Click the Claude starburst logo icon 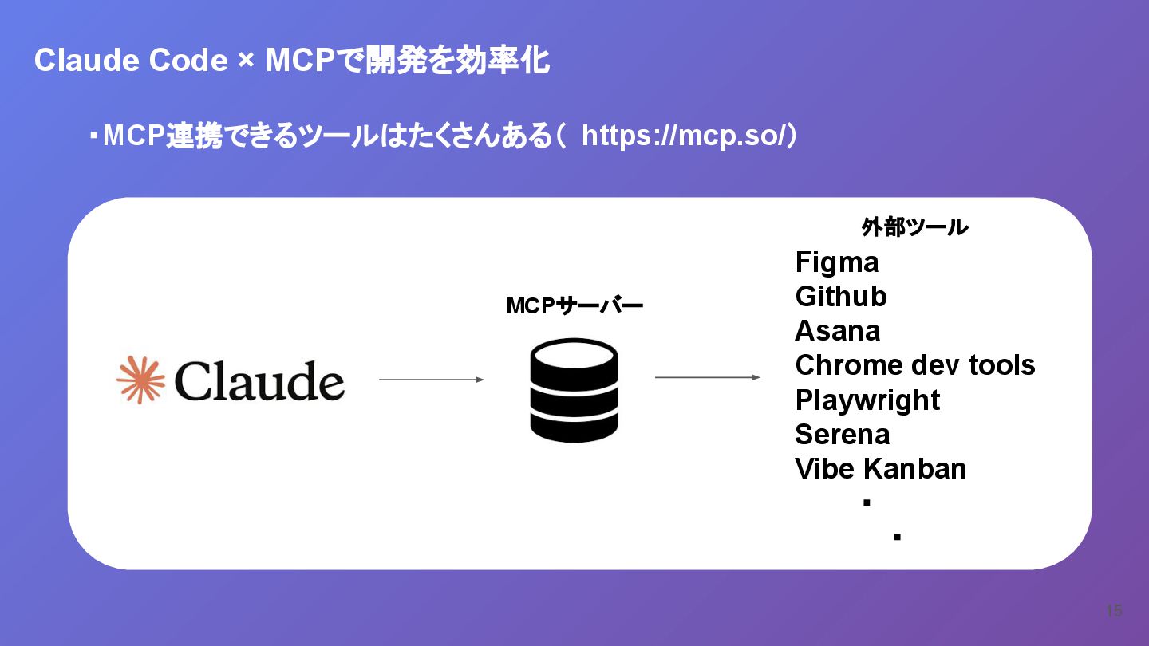click(140, 380)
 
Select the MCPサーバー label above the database click(574, 305)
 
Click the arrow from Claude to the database click(431, 380)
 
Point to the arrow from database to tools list click(707, 377)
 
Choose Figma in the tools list click(836, 262)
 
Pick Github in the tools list click(841, 297)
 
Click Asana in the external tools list click(838, 331)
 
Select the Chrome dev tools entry click(915, 365)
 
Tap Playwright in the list click(867, 400)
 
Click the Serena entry click(843, 435)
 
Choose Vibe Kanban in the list click(881, 469)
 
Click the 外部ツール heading click(914, 228)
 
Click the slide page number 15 click(1114, 611)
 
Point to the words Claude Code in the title click(131, 61)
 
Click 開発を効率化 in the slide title click(458, 61)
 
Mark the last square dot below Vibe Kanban click(897, 538)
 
